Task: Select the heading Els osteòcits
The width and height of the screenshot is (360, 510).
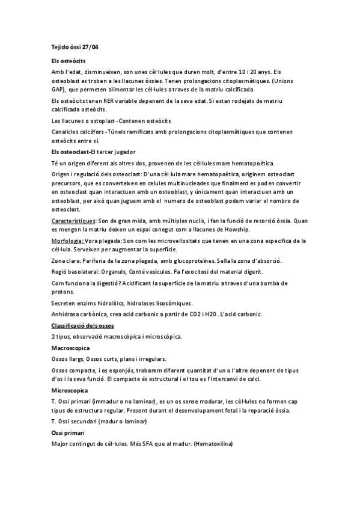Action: click(x=68, y=61)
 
